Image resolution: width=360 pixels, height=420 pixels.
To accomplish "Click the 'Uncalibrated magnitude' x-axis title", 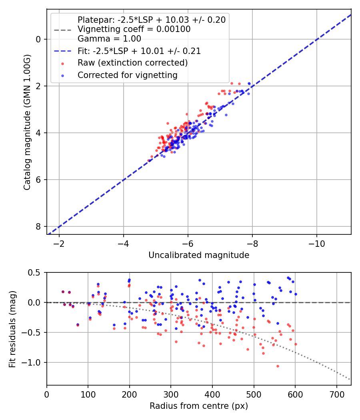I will [199, 255].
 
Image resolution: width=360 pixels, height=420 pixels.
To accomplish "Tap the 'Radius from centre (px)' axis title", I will [199, 406].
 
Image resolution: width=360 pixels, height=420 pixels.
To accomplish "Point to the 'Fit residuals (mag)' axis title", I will [12, 329].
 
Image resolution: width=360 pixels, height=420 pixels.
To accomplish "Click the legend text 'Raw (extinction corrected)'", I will [132, 63].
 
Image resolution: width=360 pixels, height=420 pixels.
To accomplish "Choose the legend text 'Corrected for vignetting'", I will [127, 75].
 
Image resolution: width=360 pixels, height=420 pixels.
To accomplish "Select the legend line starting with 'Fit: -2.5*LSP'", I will [139, 51].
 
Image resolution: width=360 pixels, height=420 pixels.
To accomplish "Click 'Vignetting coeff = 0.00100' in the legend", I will [134, 29].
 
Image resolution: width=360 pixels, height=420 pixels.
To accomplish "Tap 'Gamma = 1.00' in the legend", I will [109, 39].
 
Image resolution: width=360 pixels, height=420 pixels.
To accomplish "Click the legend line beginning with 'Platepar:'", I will [151, 20].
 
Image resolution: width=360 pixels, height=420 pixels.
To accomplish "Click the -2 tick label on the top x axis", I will [59, 244].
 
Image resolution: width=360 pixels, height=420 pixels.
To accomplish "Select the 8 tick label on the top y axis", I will [38, 226].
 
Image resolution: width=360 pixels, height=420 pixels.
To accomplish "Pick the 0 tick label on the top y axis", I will [38, 39].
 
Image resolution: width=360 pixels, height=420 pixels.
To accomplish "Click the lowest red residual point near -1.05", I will [278, 366].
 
